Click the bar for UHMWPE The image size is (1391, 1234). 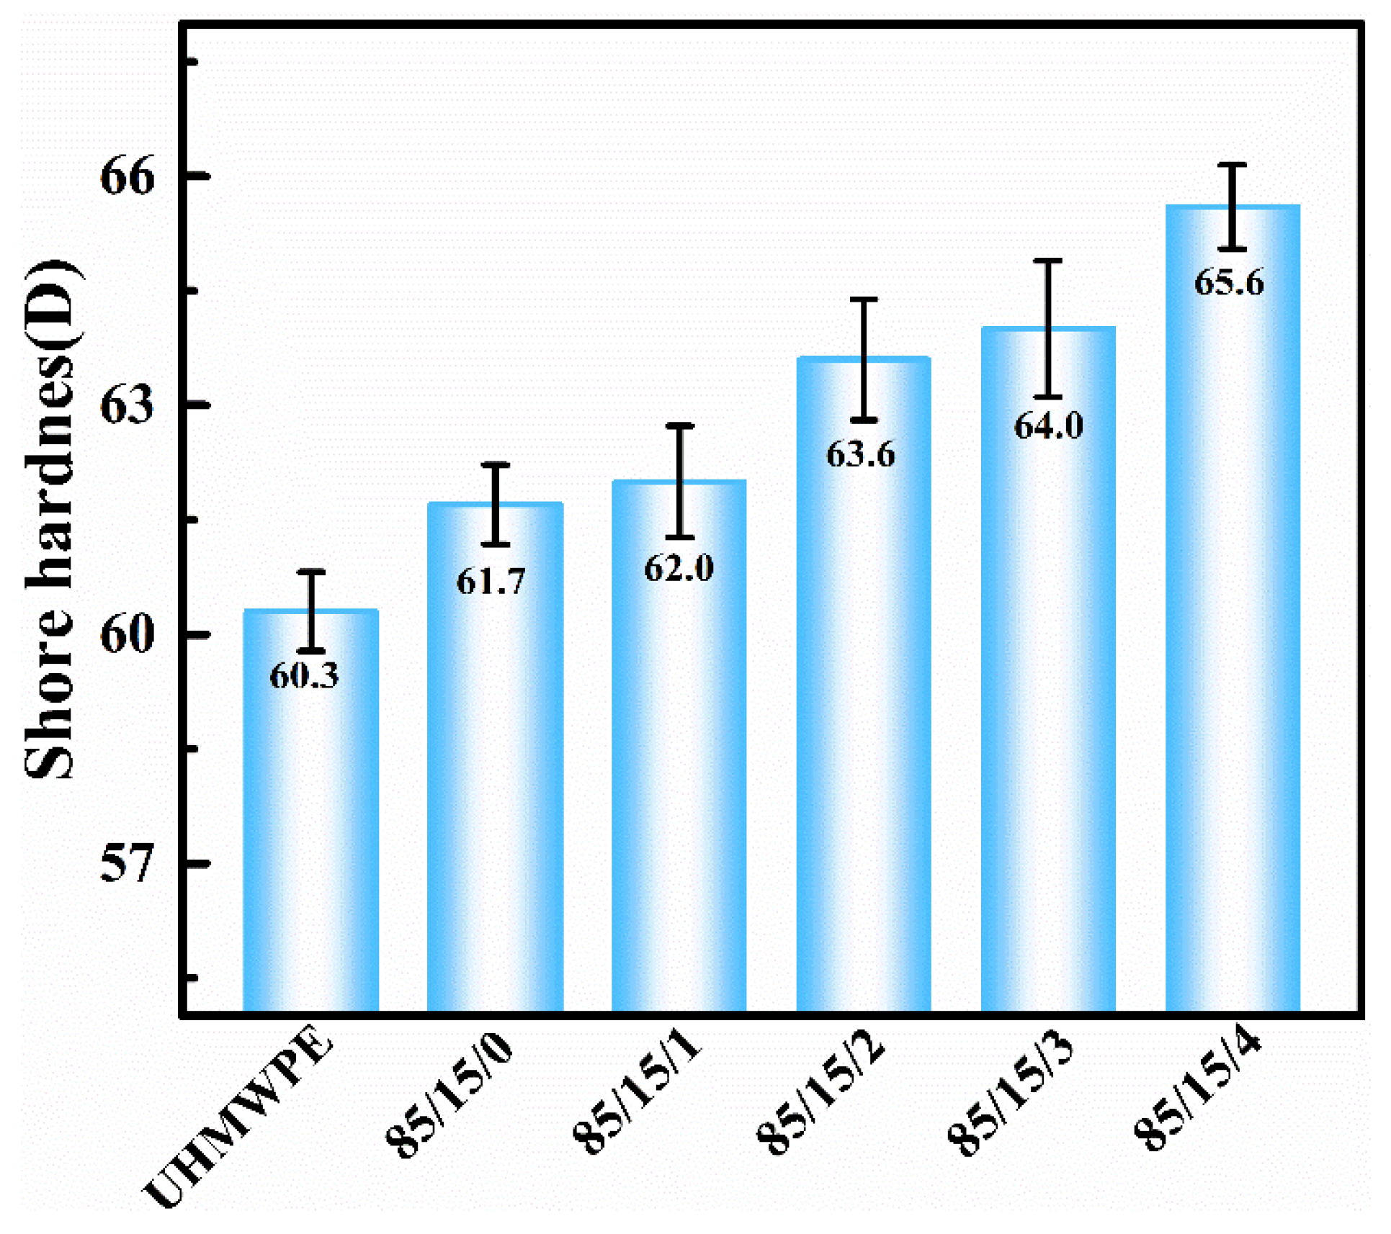[x=310, y=828]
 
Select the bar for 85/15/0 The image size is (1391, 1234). [x=495, y=778]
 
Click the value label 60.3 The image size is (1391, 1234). [x=304, y=675]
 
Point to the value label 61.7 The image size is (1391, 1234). [x=491, y=581]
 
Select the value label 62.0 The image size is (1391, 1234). [x=679, y=568]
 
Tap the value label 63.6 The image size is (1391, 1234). [x=860, y=454]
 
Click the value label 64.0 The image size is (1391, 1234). [x=1048, y=425]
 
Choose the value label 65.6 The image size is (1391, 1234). [x=1229, y=282]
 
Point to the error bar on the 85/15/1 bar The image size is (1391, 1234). [x=679, y=481]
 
